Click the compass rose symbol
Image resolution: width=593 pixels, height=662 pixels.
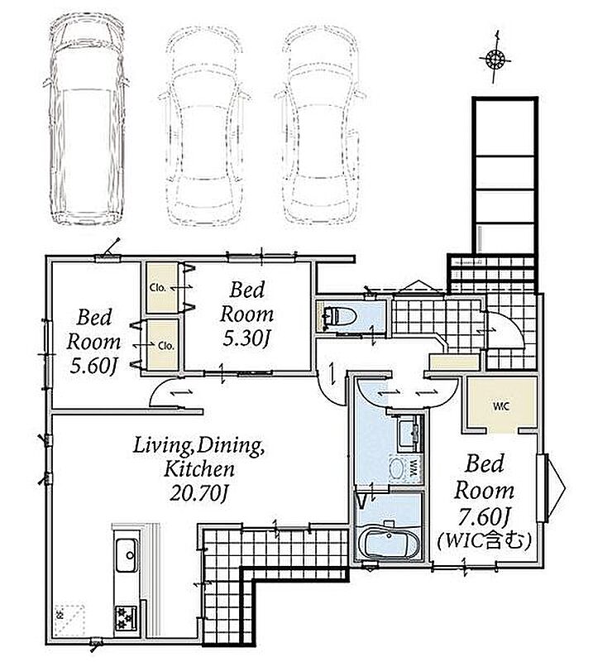point(495,58)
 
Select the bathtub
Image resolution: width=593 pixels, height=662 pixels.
point(390,543)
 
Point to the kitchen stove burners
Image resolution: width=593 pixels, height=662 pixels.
point(126,618)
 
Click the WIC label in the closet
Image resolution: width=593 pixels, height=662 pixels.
point(501,406)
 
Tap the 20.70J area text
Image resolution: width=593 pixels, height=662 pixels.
point(198,492)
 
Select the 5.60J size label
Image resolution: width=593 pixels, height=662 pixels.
point(93,366)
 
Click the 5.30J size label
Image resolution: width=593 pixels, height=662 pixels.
point(246,338)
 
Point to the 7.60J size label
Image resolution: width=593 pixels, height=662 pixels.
point(485,516)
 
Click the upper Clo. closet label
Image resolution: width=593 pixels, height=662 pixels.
point(158,288)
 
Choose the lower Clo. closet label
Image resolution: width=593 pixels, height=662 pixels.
point(166,346)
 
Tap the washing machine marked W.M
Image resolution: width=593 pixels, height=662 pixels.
point(404,468)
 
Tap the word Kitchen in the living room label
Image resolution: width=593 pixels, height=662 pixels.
point(198,468)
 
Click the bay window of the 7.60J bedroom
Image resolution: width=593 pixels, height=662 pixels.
point(551,488)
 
